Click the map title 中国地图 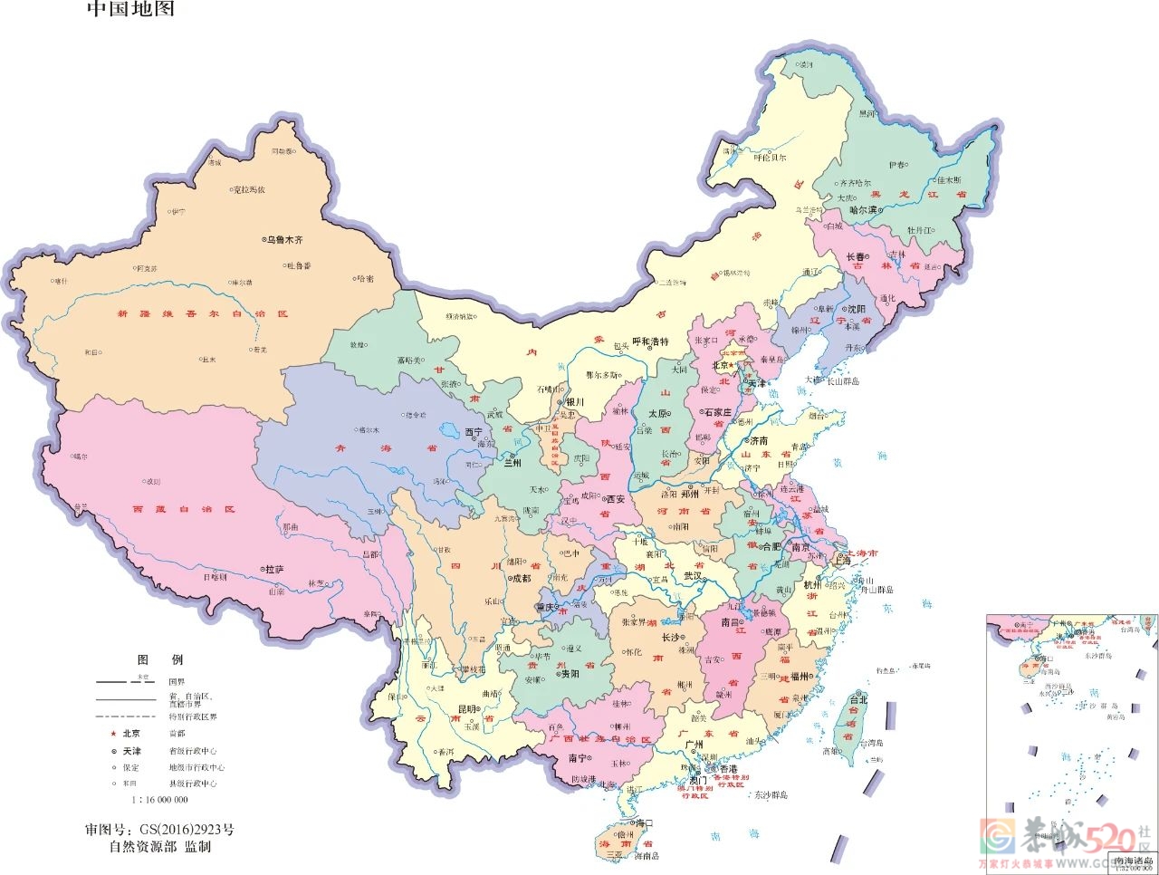tap(130, 10)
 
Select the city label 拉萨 tap(274, 569)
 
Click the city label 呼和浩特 tap(650, 341)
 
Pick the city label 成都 tap(522, 578)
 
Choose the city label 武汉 tap(693, 575)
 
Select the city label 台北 tap(857, 699)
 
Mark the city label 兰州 tap(513, 462)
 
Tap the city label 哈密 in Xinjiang tap(365, 279)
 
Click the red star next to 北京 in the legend tap(112, 734)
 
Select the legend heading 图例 tap(159, 659)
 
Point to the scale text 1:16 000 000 tap(159, 800)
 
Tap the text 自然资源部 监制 tap(159, 847)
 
